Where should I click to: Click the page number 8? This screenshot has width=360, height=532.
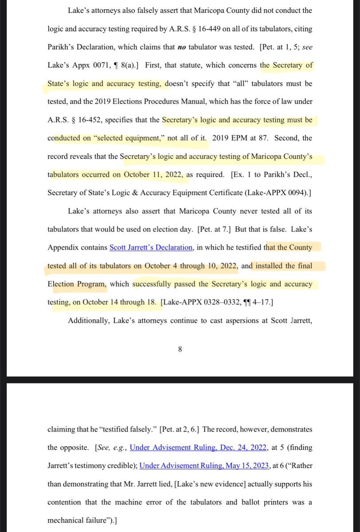[180, 349]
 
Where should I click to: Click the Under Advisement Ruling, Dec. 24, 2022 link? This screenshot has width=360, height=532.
[198, 447]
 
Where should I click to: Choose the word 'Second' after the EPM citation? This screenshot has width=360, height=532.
[286, 138]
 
